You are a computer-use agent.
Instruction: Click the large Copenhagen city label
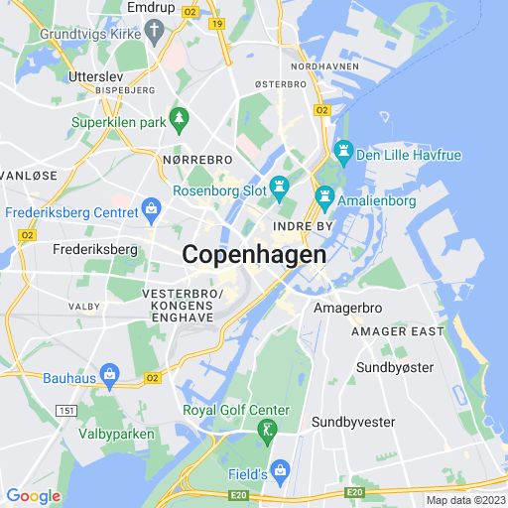[x=254, y=255]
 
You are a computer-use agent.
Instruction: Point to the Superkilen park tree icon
[x=179, y=120]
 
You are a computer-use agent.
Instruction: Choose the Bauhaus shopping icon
[x=109, y=376]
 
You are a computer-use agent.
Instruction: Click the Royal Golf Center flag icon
[x=266, y=431]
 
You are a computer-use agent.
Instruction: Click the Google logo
[x=33, y=496]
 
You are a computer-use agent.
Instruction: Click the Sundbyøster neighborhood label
[x=395, y=368]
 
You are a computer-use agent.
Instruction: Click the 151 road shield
[x=66, y=410]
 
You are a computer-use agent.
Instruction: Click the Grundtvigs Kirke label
[x=88, y=34]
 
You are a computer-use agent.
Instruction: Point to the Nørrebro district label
[x=196, y=159]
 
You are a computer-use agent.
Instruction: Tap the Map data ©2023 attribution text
[x=465, y=500]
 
